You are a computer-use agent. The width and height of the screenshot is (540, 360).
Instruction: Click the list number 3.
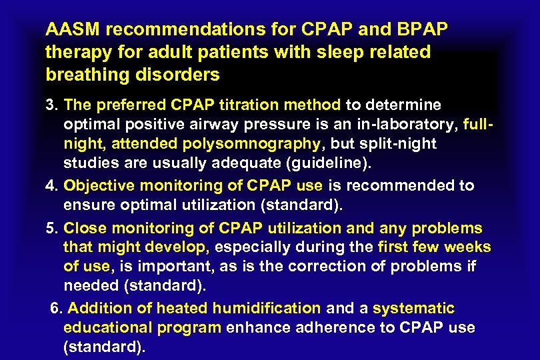tap(51, 105)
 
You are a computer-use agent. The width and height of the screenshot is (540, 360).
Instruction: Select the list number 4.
tap(51, 185)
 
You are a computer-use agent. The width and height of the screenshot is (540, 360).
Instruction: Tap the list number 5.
tap(51, 229)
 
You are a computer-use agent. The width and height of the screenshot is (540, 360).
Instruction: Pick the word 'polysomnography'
tap(261, 143)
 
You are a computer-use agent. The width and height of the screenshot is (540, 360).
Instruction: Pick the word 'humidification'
tap(267, 308)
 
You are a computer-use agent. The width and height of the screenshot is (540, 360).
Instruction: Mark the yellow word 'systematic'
tap(413, 308)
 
